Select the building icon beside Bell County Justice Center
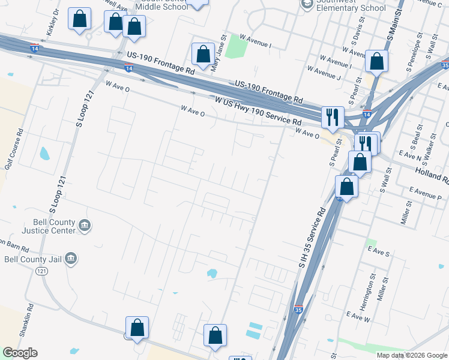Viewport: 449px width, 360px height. click(85, 226)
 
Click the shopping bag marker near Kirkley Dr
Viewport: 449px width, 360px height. click(79, 19)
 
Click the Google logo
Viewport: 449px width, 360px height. click(20, 353)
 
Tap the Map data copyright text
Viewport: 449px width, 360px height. click(412, 355)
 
